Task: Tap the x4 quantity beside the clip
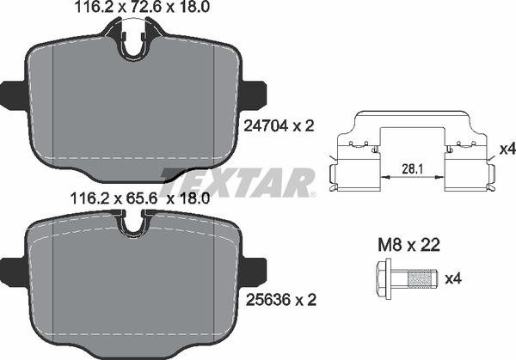[506, 149]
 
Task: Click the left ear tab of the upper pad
[13, 93]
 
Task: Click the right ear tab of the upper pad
[253, 93]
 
